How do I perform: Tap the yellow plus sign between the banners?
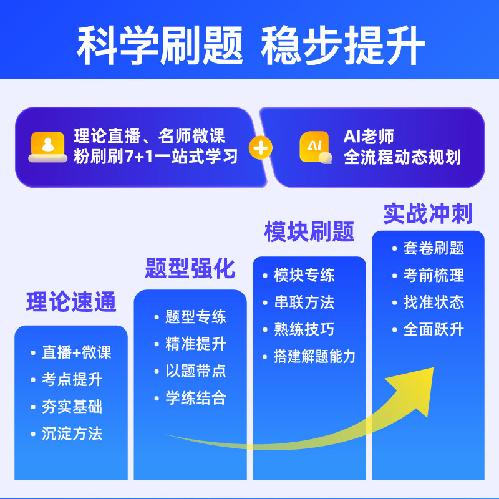[261, 147]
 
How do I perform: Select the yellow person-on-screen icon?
[48, 147]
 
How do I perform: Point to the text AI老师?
[369, 137]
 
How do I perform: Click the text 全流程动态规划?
[402, 157]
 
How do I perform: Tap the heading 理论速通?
[71, 302]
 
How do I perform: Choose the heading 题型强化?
[190, 268]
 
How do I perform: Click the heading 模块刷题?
[309, 231]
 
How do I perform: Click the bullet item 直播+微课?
[76, 352]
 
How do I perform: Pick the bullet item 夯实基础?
[72, 407]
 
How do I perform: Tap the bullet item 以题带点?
[195, 371]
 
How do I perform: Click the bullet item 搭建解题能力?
[314, 356]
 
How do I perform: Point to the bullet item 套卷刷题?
[434, 248]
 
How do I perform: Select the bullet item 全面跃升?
[434, 329]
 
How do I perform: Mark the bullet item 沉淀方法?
[72, 434]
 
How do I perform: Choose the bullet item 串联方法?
[304, 303]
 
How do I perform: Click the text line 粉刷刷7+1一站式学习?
[156, 156]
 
